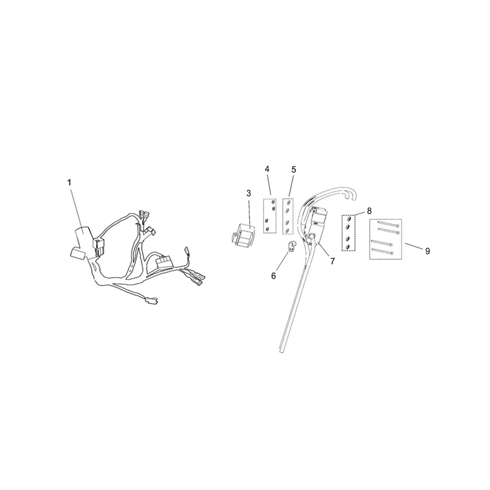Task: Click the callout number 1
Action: pos(69,182)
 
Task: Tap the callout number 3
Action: pos(249,194)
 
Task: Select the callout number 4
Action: pos(267,169)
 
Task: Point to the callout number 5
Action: pos(293,170)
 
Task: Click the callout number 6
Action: pos(273,276)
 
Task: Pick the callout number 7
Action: pos(333,262)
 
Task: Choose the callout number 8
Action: pos(369,211)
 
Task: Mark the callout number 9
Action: pos(428,251)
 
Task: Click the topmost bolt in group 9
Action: pos(388,224)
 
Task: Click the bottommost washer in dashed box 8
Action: pos(347,247)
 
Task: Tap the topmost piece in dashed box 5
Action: pos(287,203)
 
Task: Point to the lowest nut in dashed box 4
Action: pos(267,230)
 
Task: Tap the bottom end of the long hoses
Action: pos(281,349)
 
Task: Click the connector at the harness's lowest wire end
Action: pos(151,301)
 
